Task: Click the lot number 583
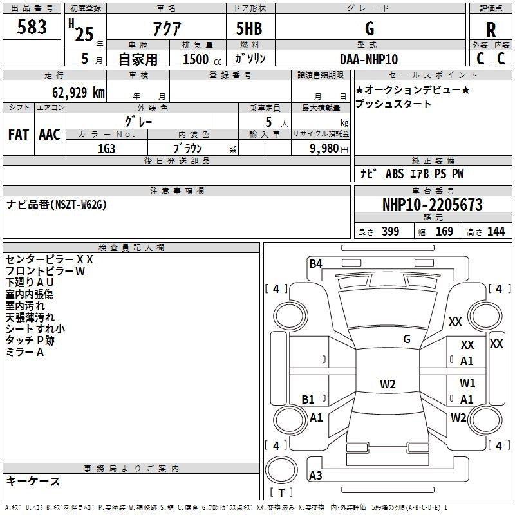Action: pos(32,27)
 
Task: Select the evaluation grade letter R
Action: pos(491,29)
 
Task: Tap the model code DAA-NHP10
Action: pos(369,59)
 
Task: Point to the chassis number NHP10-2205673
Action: pos(432,205)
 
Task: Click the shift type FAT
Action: pos(18,135)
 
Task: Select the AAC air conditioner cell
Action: pos(49,135)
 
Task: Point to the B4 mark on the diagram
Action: pos(315,263)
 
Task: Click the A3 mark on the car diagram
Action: pos(315,476)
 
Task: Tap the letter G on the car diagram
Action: pos(407,339)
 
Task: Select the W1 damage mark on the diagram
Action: pos(467,382)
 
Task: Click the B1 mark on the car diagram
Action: pos(308,399)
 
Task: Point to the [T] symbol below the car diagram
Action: pos(281,493)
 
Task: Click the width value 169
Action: pos(444,232)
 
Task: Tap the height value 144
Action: pos(496,232)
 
